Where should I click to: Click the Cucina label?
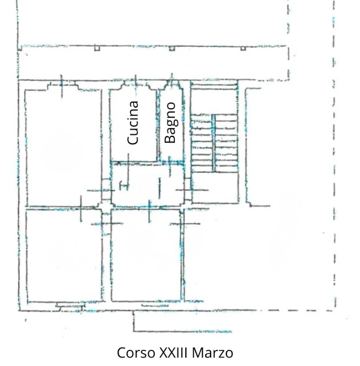click(133, 123)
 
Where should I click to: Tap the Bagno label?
click(170, 123)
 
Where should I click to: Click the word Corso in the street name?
click(136, 353)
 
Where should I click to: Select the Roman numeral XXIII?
click(174, 353)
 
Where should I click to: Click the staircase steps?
click(214, 143)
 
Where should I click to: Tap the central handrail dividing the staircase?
click(213, 143)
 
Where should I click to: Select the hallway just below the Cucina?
click(147, 184)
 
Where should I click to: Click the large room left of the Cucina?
click(63, 147)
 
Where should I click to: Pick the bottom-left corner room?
click(64, 255)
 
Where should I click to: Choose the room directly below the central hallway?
click(146, 255)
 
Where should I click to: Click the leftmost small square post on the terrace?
click(97, 48)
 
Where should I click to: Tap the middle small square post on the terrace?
click(172, 48)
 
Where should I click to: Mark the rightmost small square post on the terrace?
click(243, 48)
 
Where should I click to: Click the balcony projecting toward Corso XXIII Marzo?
click(182, 321)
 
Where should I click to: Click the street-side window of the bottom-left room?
click(71, 306)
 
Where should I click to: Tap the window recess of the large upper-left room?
click(62, 85)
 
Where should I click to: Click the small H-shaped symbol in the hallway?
click(124, 186)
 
